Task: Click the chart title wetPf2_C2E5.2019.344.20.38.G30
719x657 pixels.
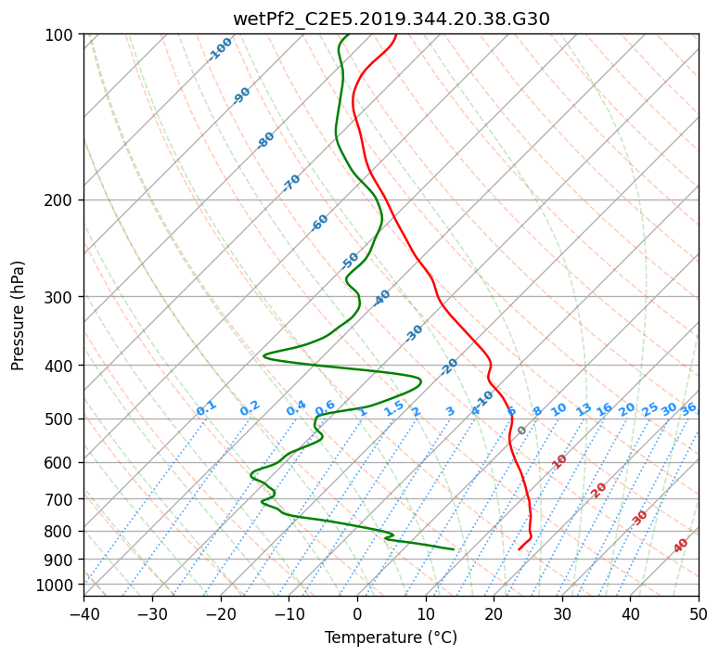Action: (391, 19)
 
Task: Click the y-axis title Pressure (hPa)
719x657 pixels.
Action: (18, 315)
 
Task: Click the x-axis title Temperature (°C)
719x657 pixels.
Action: (391, 638)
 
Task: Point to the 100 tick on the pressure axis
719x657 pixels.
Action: (62, 34)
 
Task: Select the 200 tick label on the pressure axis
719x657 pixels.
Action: (62, 200)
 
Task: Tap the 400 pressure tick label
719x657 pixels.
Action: (62, 366)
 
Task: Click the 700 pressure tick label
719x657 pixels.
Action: (62, 499)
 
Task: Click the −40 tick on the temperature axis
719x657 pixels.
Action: (83, 613)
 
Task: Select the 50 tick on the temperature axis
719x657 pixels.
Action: (699, 613)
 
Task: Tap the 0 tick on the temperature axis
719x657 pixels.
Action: (357, 613)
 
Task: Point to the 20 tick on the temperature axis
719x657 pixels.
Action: (494, 613)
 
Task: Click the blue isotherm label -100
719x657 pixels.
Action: (221, 48)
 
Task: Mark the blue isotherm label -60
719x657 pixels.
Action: (320, 223)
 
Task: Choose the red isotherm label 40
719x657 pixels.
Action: (681, 546)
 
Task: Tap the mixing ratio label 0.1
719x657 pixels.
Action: (206, 408)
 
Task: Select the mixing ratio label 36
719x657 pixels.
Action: (688, 408)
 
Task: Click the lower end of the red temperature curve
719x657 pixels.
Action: (519, 549)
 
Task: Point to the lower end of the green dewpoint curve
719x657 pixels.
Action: (454, 549)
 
